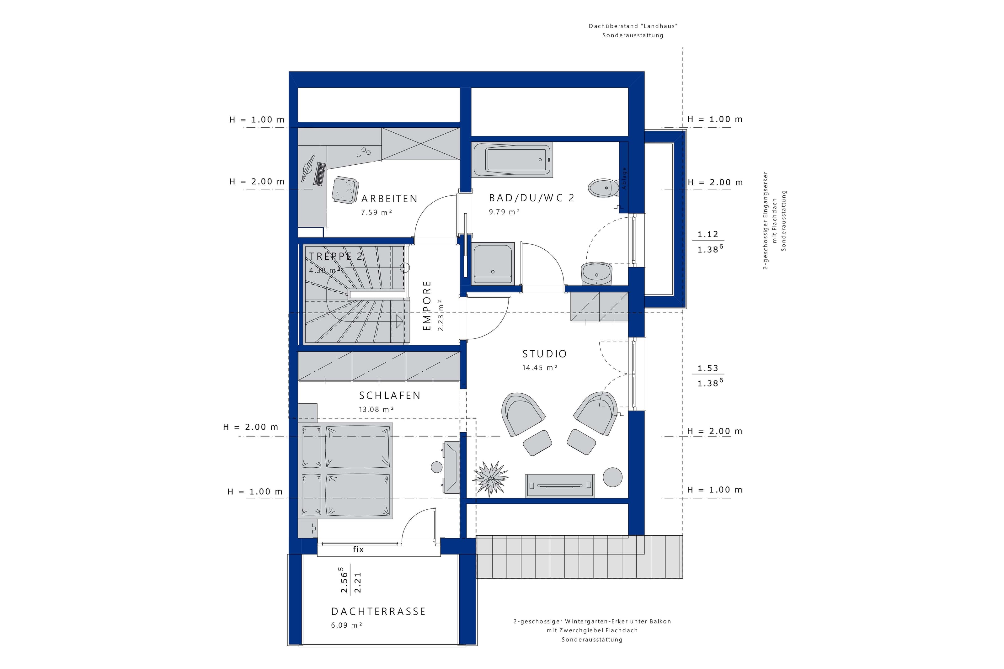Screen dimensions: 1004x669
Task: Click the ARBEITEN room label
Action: [389, 199]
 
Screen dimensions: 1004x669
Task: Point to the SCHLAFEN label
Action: [390, 396]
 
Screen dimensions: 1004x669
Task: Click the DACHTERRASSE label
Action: [378, 611]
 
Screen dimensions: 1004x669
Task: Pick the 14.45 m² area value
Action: [540, 367]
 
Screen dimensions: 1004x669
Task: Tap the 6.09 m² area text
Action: [346, 625]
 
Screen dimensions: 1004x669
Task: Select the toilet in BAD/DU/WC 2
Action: [603, 188]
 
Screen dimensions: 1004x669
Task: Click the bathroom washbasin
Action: [596, 273]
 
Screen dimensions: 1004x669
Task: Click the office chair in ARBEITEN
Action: [345, 190]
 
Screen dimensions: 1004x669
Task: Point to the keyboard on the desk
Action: [320, 174]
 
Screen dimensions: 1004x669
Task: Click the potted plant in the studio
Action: [491, 478]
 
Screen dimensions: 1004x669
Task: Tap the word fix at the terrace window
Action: [358, 549]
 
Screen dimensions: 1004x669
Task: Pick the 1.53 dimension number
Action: [708, 368]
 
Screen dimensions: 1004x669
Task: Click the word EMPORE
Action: [427, 305]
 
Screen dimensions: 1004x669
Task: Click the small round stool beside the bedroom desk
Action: [436, 467]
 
